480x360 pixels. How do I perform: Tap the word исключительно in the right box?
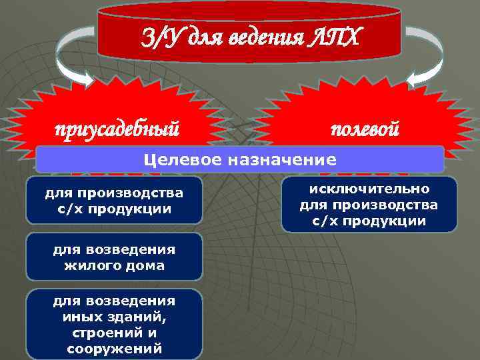pos(369,189)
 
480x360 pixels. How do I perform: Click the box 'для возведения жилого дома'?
pos(114,257)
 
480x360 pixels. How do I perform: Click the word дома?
pos(148,266)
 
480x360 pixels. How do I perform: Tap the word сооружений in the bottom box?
pos(114,348)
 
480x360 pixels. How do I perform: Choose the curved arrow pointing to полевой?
pos(427,57)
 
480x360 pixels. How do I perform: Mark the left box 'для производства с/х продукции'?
pos(114,201)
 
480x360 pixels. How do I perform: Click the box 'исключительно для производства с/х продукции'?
pos(369,205)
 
